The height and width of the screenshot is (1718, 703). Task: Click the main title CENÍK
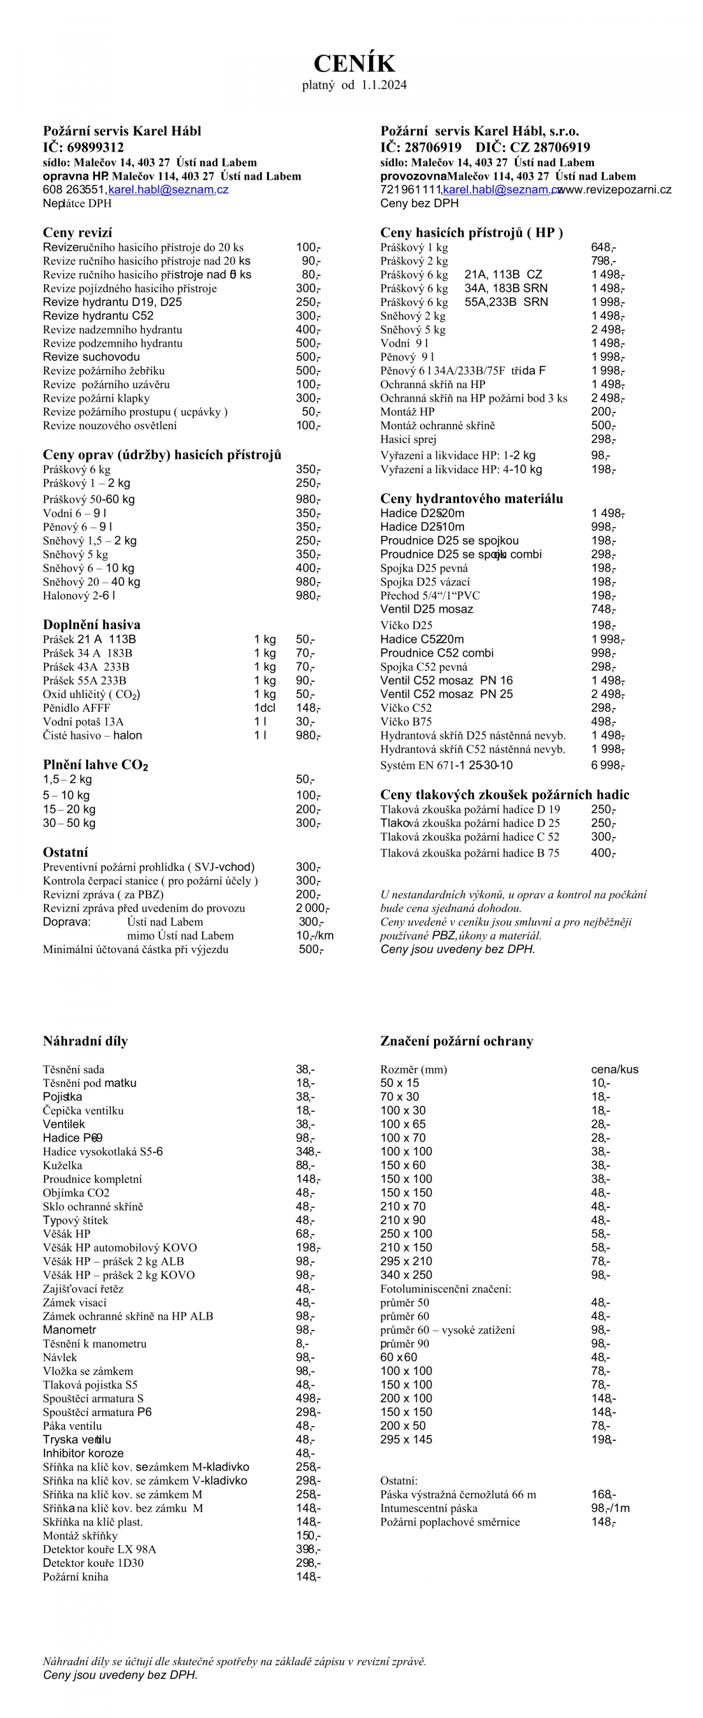pos(354,64)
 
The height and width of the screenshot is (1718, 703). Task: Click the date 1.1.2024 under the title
pos(384,85)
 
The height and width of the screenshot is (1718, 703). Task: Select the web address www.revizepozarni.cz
pos(615,189)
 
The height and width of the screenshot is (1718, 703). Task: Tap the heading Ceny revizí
pos(77,232)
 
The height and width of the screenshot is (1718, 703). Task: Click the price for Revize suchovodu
pos(308,357)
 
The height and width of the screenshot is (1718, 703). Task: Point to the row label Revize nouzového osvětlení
pos(110,426)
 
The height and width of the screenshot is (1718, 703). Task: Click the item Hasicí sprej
pos(408,439)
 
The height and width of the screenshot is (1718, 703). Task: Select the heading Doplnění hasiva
pos(91,624)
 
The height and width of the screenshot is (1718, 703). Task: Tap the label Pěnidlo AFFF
pos(76,707)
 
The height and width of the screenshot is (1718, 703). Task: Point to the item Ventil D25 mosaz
pos(426,609)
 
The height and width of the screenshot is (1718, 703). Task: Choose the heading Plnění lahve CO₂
pos(95,764)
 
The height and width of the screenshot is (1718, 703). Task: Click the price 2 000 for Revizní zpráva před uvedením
pos(312,908)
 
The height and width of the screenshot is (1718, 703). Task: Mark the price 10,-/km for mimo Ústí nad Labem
pos(315,935)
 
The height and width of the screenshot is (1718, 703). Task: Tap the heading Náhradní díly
pos(86,1040)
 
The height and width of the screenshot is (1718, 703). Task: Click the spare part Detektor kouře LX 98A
pos(99,1549)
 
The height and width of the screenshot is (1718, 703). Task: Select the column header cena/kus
pos(614,1069)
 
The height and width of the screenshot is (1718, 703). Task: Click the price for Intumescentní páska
pos(610,1508)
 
